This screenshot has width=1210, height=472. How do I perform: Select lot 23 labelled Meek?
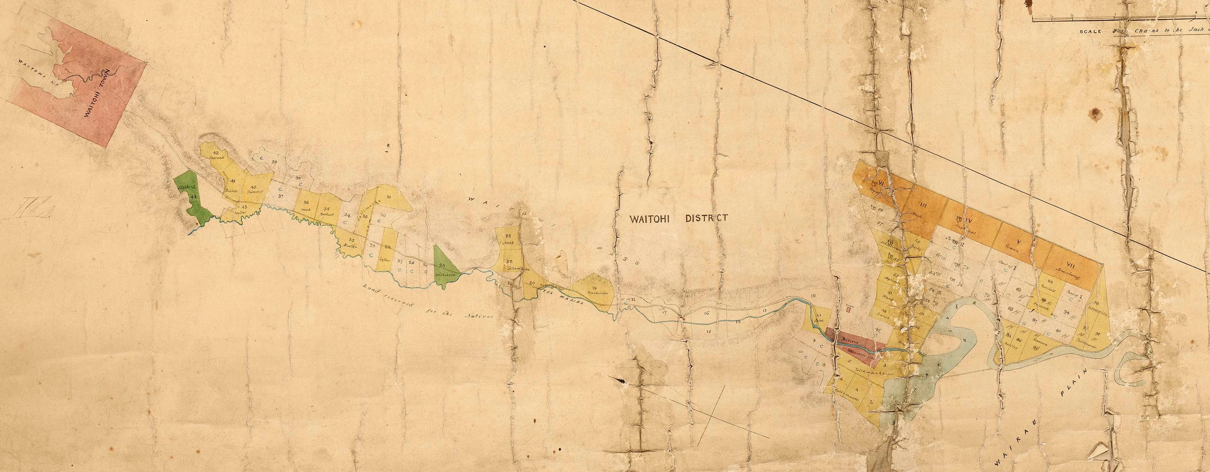tap(509, 239)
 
